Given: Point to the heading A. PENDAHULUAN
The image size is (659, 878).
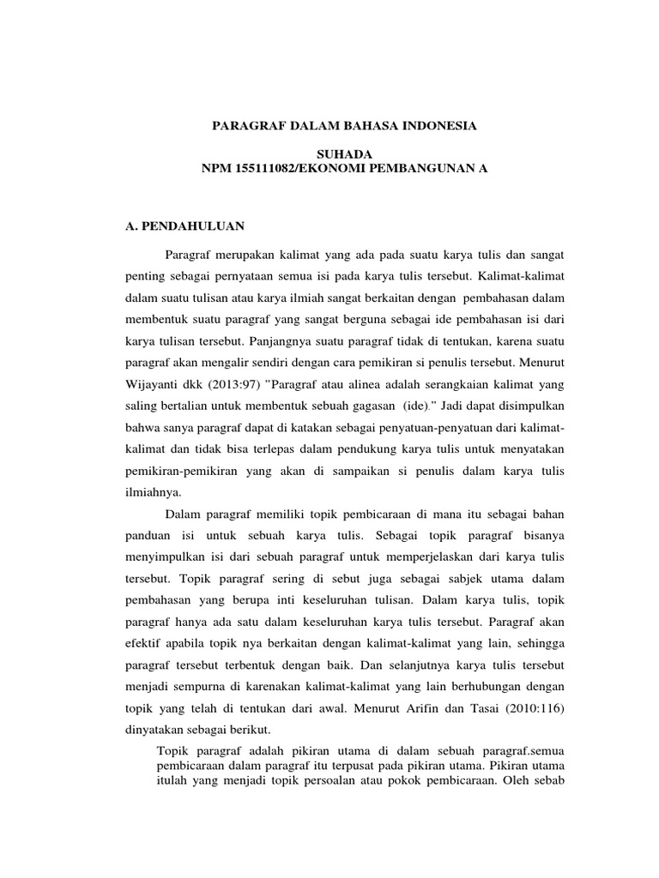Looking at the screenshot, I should coord(185,226).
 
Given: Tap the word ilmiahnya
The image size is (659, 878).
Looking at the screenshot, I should coord(155,493).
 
